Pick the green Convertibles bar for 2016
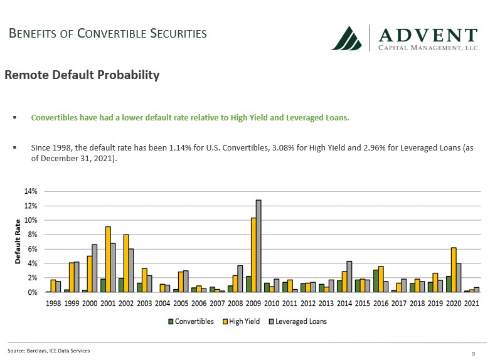376,280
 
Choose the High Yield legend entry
241,321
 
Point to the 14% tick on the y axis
31,191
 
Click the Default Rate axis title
18,241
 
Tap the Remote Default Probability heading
82,75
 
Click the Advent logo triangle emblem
348,38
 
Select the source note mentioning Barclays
49,351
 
